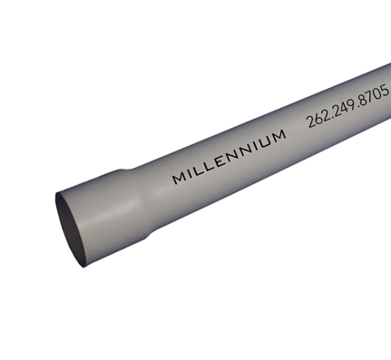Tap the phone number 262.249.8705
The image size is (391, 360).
click(x=347, y=107)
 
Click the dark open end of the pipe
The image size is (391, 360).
click(x=72, y=231)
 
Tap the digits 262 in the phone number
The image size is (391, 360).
click(x=317, y=120)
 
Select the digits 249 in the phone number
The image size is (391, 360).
click(x=345, y=108)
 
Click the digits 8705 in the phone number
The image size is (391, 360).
click(x=375, y=95)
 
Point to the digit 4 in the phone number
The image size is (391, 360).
click(x=345, y=108)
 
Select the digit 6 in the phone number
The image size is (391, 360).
click(x=317, y=120)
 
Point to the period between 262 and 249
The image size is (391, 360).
click(x=330, y=116)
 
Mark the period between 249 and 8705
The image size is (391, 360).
click(x=359, y=104)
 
